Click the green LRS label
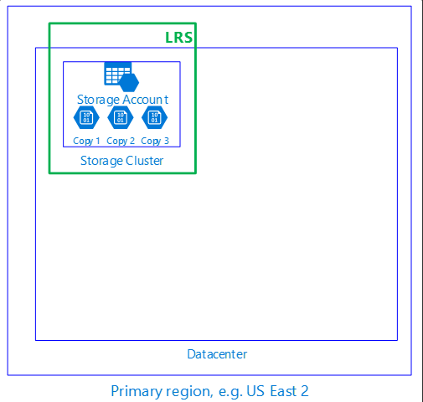[x=178, y=37]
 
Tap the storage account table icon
[x=118, y=73]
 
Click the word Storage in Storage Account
[x=98, y=100]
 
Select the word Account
[x=145, y=100]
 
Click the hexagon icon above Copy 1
[x=86, y=117]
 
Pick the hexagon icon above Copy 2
[x=121, y=117]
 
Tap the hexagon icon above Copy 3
[x=154, y=117]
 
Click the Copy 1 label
[x=86, y=141]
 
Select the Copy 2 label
[x=121, y=141]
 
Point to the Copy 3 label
[x=155, y=141]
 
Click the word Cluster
[x=144, y=161]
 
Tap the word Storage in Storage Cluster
[x=101, y=161]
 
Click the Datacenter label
[x=217, y=354]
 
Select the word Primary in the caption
[x=137, y=391]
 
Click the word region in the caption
[x=189, y=392]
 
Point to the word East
[x=283, y=391]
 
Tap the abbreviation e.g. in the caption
[x=230, y=392]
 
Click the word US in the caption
[x=255, y=391]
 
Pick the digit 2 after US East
[x=305, y=391]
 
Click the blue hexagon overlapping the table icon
[x=129, y=82]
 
